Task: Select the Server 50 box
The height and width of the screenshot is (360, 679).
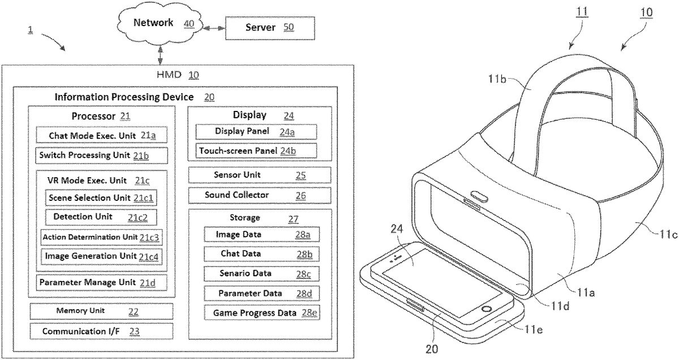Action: click(x=268, y=28)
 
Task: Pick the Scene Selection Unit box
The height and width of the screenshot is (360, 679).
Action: click(x=101, y=198)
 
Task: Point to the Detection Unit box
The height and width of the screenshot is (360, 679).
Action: click(x=101, y=217)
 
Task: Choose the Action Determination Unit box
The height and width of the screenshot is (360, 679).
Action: click(x=101, y=237)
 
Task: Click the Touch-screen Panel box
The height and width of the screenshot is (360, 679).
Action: click(x=256, y=151)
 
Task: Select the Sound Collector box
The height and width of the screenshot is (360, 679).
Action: click(x=259, y=195)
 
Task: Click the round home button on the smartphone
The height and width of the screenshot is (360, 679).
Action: click(x=486, y=311)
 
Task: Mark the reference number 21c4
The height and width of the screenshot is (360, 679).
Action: click(x=148, y=256)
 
